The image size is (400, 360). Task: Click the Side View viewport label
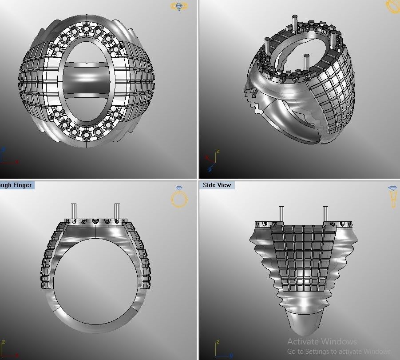coord(217,185)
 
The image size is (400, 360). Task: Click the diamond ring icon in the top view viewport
coord(179,7)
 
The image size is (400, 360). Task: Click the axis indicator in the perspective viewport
coord(211,161)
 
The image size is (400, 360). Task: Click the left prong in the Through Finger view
coord(74,212)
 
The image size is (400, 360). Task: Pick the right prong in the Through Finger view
coord(117,212)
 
